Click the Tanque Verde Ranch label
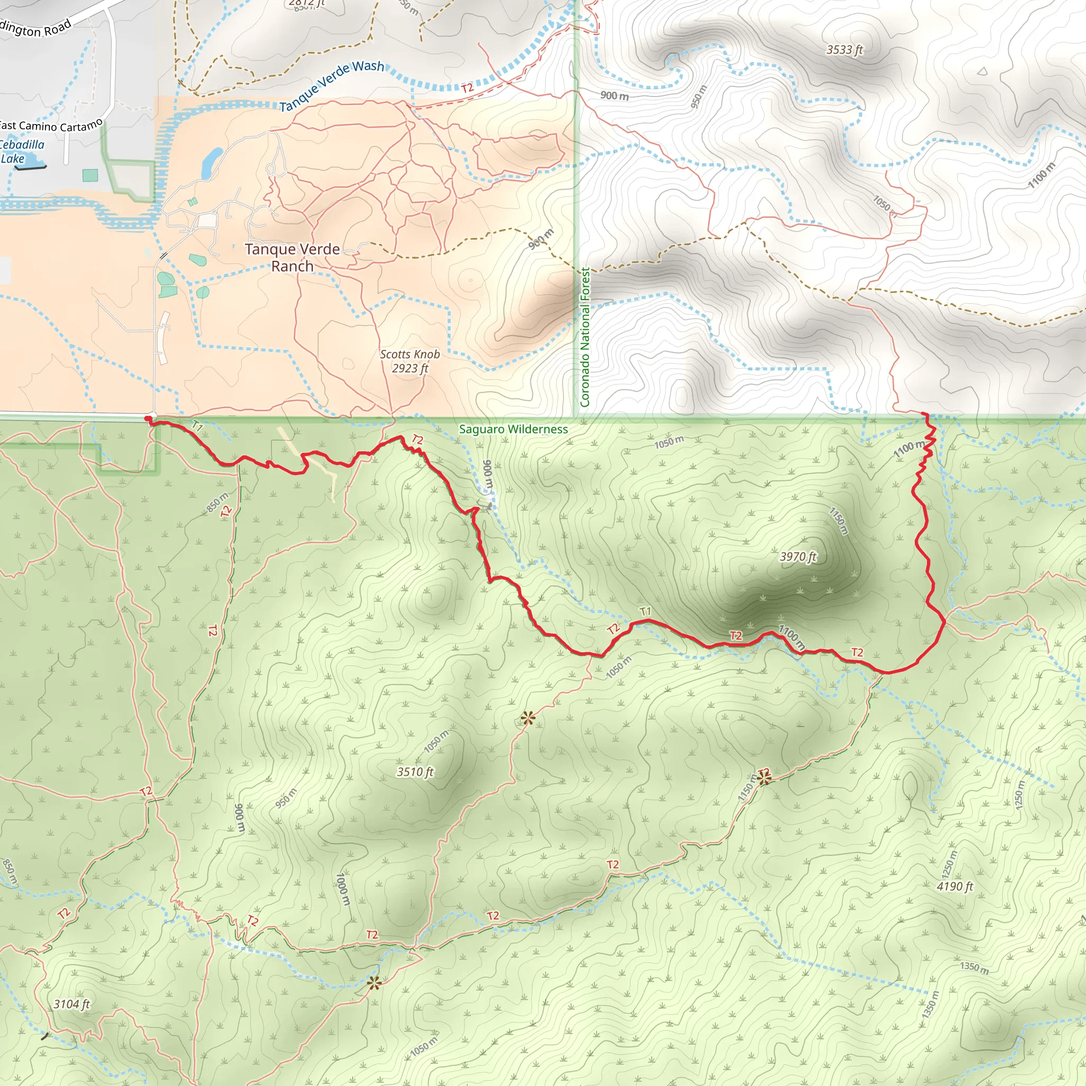pyautogui.click(x=292, y=257)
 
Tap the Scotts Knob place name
pyautogui.click(x=410, y=354)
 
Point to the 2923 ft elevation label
pyautogui.click(x=410, y=369)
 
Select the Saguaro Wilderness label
pyautogui.click(x=513, y=430)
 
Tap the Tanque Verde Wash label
pyautogui.click(x=331, y=85)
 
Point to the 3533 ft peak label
pyautogui.click(x=844, y=50)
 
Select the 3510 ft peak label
pyautogui.click(x=415, y=772)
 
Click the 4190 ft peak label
pyautogui.click(x=954, y=887)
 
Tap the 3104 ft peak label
pyautogui.click(x=72, y=1004)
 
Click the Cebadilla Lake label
pyautogui.click(x=21, y=152)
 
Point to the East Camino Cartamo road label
pyautogui.click(x=50, y=125)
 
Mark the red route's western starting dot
pyautogui.click(x=148, y=418)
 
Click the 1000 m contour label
pyautogui.click(x=343, y=889)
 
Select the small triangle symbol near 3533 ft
pyautogui.click(x=982, y=72)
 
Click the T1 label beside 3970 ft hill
pyautogui.click(x=645, y=611)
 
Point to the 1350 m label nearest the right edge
pyautogui.click(x=974, y=967)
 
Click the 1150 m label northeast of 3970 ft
pyautogui.click(x=838, y=521)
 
